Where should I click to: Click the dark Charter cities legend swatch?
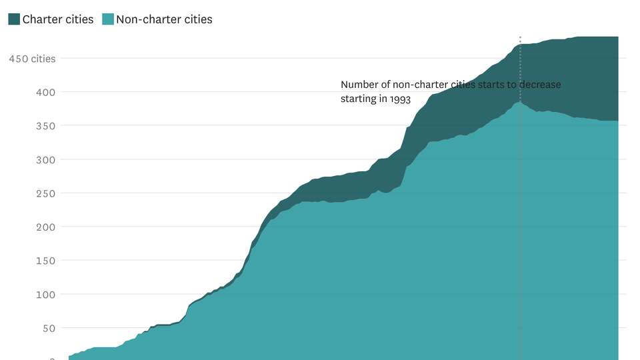(14, 19)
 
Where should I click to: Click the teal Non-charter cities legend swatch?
(108, 19)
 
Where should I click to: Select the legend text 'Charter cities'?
(58, 19)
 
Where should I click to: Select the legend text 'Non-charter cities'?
(164, 19)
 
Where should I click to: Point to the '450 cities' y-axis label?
(32, 59)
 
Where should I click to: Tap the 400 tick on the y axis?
(46, 92)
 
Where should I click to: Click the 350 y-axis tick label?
(46, 126)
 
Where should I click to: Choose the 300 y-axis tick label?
(46, 159)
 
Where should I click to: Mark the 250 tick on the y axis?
(46, 193)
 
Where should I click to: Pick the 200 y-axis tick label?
(46, 227)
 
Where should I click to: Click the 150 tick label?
(46, 261)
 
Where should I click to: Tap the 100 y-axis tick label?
(46, 294)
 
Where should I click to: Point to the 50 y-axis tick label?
(49, 328)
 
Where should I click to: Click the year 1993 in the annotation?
(399, 99)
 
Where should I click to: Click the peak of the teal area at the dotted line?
(520, 102)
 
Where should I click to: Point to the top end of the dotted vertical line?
(520, 37)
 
